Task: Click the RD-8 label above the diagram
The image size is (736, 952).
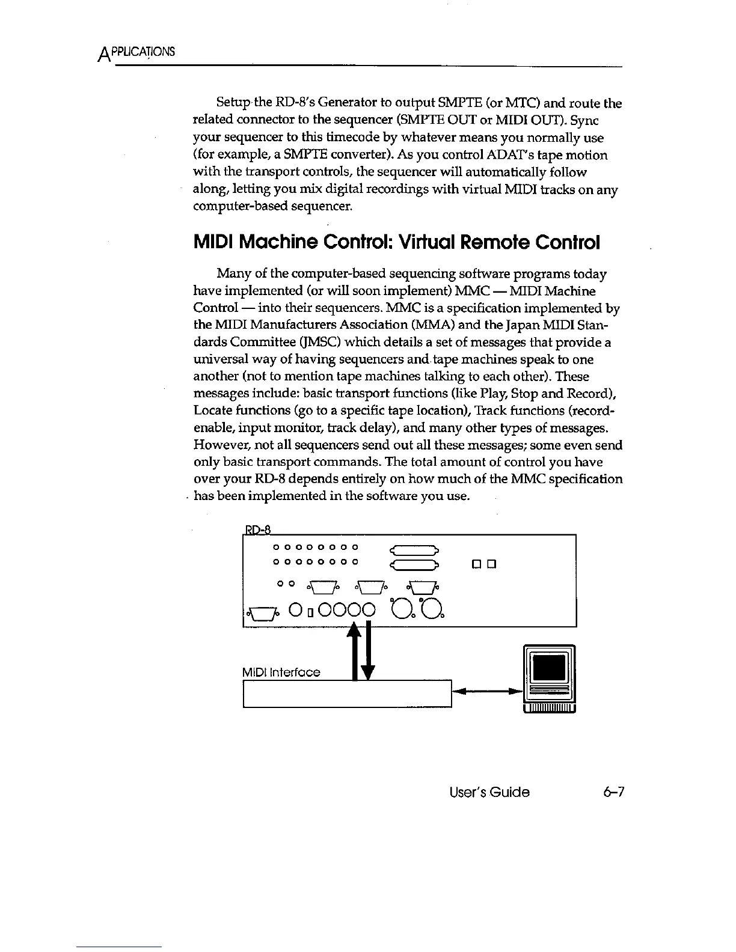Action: click(258, 529)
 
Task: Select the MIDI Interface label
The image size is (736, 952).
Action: click(280, 673)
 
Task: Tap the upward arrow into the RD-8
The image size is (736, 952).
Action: click(355, 649)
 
